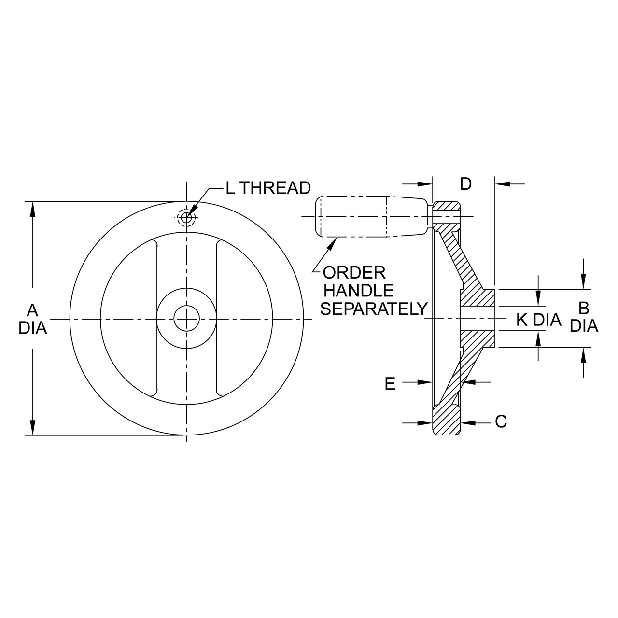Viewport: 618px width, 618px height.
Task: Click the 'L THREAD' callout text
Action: pos(268,188)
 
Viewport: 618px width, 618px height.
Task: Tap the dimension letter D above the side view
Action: pos(465,184)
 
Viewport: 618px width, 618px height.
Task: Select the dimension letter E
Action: pos(390,383)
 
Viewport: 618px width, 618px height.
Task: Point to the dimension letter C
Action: pos(501,421)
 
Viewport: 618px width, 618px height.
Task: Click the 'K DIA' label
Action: pos(539,320)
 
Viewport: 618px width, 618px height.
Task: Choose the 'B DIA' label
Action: pos(584,317)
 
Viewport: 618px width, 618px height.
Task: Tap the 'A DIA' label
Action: pos(33,320)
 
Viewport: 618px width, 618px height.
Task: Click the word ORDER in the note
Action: pos(354,273)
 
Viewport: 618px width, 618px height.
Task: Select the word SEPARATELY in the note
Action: pos(374,309)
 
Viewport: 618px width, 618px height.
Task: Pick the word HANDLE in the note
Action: pos(359,291)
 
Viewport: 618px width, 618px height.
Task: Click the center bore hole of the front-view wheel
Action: pos(187,319)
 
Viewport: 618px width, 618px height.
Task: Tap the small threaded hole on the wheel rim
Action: pos(186,217)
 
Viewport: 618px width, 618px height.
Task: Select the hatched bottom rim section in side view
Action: pos(447,421)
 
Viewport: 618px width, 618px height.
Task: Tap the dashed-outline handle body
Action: pos(372,216)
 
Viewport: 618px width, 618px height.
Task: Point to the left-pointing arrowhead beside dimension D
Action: pos(502,184)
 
